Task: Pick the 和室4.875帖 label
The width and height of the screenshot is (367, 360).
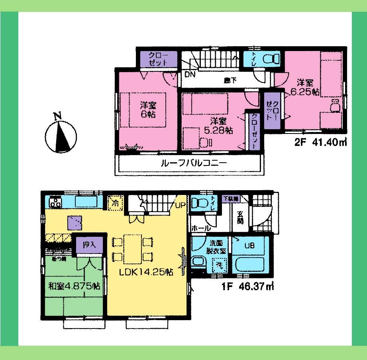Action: pos(74,286)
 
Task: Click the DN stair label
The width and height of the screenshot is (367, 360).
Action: pos(189,74)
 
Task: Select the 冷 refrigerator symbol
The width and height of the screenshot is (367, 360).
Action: pos(115,202)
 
